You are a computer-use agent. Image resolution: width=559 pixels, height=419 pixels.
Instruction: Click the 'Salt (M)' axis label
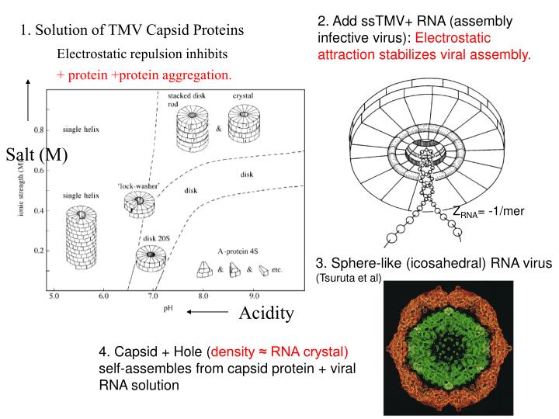(36, 154)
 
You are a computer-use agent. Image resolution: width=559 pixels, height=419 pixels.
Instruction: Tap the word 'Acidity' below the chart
(266, 313)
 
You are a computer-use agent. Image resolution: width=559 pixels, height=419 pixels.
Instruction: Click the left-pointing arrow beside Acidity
(207, 313)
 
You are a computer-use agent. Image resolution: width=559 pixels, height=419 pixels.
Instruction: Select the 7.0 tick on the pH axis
(153, 296)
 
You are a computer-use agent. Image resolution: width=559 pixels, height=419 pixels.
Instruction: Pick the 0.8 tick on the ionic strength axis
(37, 129)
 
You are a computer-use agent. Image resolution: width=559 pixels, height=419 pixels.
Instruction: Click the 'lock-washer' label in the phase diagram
(133, 187)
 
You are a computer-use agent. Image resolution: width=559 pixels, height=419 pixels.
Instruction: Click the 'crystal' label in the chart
(242, 95)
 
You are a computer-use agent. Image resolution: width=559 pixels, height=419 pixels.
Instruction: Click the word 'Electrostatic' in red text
(454, 37)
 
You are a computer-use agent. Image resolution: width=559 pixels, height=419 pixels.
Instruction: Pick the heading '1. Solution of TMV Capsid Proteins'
(132, 31)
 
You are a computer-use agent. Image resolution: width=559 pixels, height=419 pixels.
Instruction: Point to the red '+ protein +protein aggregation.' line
(144, 75)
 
